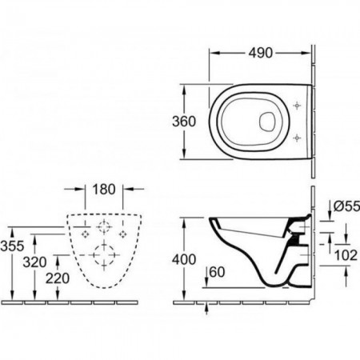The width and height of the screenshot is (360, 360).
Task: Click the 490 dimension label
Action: point(261,53)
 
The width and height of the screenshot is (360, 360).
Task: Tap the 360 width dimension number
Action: point(184,122)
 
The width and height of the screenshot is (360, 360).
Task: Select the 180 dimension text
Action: point(104,190)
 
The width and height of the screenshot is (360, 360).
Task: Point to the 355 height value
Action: point(12,246)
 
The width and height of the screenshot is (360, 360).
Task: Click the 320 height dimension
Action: point(34,262)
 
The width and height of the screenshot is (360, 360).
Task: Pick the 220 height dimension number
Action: point(58,278)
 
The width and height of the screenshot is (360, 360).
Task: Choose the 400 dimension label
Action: point(184,259)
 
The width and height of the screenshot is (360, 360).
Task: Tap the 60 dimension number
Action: point(218,272)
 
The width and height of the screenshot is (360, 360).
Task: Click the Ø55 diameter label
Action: point(346,206)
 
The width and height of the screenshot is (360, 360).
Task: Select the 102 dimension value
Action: point(346,255)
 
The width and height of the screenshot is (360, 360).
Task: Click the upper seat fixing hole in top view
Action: point(297,106)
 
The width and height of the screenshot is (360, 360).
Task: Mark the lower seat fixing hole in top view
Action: point(297,138)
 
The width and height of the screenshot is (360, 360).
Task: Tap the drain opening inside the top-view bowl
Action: point(267,122)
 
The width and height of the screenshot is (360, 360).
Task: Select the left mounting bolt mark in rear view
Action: point(86,234)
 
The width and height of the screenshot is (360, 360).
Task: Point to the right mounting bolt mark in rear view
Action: point(122,234)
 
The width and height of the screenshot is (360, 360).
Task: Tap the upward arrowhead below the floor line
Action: point(207,308)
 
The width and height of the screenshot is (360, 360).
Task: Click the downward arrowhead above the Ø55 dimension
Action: point(330,215)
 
